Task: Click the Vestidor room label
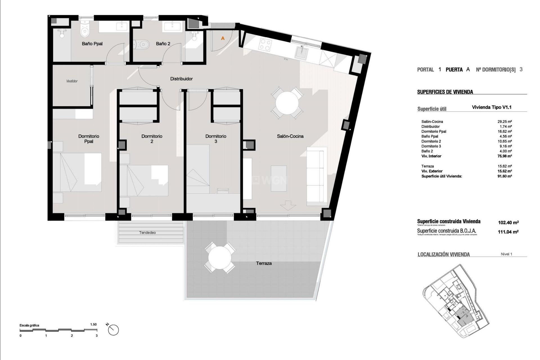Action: click(72, 81)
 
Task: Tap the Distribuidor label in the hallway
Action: click(181, 79)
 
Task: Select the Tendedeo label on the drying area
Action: click(147, 233)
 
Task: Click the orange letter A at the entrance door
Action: click(223, 38)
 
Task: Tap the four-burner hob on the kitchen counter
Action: click(265, 44)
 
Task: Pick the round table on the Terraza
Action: click(220, 258)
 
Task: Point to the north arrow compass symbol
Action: click(113, 330)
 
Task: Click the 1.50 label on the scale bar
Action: click(93, 324)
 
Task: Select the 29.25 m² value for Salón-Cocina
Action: click(505, 121)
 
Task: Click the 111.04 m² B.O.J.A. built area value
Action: click(508, 232)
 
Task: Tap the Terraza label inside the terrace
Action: click(264, 263)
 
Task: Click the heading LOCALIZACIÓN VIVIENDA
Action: click(444, 255)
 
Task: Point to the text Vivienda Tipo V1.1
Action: click(492, 107)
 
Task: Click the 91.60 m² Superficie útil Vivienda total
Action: click(505, 176)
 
